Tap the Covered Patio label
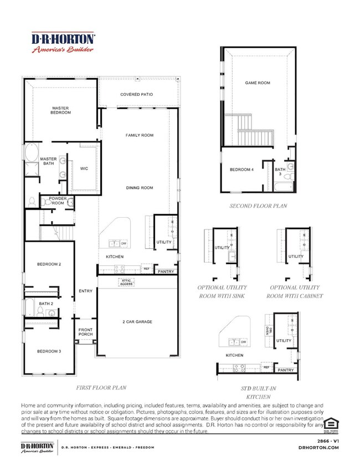[x=136, y=95]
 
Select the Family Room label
[x=139, y=135]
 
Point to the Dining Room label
[x=139, y=188]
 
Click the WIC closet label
[x=84, y=168]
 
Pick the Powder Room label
[x=58, y=201]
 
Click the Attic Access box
[x=126, y=283]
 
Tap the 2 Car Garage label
[x=137, y=321]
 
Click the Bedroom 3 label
[x=50, y=351]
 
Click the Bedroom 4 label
[x=241, y=170]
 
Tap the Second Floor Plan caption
[x=258, y=206]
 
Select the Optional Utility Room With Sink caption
[x=222, y=292]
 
